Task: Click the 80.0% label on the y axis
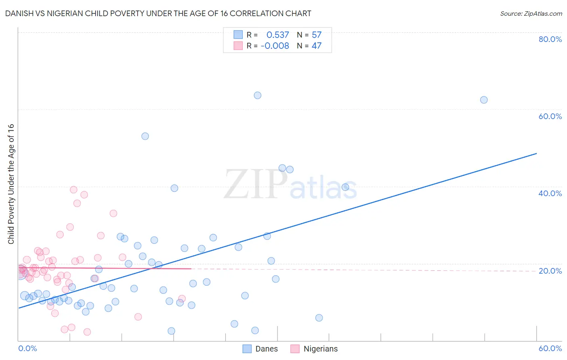550,39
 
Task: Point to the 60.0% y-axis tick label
550,116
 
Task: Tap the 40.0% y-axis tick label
550,193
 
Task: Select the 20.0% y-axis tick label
550,271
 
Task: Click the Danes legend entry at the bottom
261,349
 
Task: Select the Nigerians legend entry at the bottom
315,349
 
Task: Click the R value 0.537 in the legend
277,35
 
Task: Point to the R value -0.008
275,46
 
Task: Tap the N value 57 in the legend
317,35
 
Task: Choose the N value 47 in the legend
317,46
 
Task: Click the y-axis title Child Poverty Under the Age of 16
11,184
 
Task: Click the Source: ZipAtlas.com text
531,14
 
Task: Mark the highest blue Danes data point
257,96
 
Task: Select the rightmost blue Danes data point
484,100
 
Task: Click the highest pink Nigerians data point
73,190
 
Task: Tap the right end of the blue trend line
536,153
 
